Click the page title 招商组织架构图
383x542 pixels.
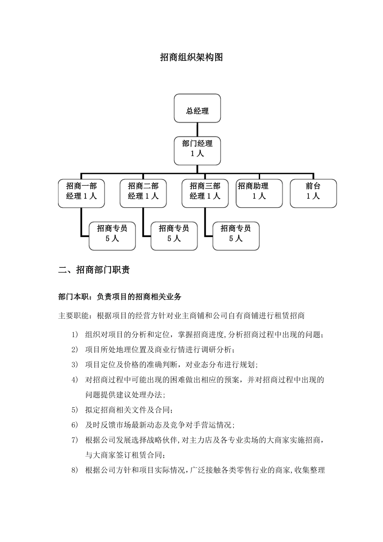(x=191, y=57)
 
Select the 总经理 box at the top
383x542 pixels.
(x=197, y=108)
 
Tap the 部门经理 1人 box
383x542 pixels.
(x=197, y=150)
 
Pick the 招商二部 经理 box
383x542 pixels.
(x=143, y=194)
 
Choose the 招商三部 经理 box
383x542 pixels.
(x=205, y=194)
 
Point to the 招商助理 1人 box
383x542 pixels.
(x=259, y=194)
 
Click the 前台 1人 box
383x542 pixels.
(x=313, y=194)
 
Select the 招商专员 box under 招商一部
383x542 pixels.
(x=112, y=236)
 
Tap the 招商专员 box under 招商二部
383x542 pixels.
(x=174, y=236)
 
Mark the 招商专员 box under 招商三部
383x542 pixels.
(x=236, y=236)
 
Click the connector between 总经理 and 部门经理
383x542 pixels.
(x=197, y=129)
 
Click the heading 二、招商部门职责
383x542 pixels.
(x=94, y=270)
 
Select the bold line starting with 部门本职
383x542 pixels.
(x=120, y=297)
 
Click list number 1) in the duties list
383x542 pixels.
(x=74, y=335)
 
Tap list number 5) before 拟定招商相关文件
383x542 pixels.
(x=74, y=410)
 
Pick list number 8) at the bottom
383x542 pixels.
(x=74, y=470)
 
